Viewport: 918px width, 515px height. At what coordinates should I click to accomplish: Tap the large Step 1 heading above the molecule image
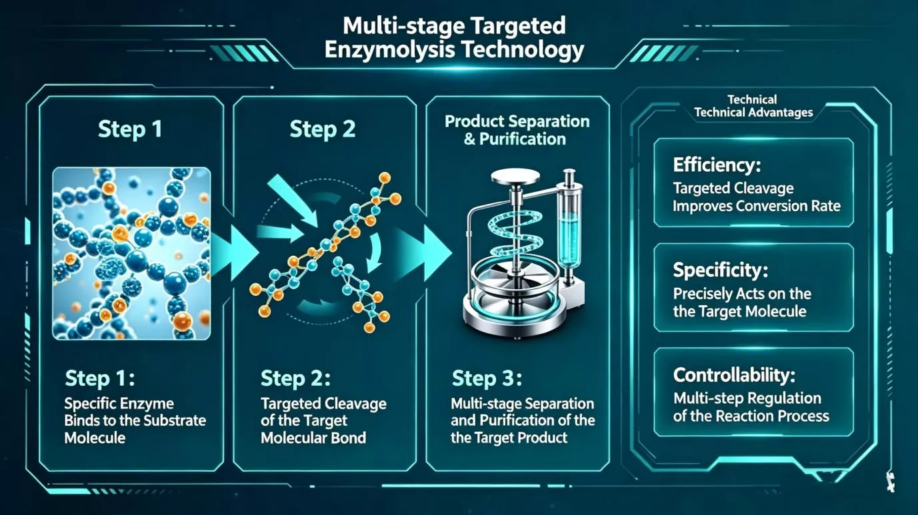130,129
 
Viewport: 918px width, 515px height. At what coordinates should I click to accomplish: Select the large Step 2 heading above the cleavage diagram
323,129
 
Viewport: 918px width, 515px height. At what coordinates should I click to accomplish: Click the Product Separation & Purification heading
517,130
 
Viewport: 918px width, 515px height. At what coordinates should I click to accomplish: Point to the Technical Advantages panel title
753,106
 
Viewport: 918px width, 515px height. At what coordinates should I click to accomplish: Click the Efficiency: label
717,165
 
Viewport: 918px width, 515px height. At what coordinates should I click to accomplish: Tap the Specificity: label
721,270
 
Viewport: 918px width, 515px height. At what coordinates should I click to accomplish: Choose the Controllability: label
734,375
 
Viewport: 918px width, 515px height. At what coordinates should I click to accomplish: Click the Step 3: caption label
487,378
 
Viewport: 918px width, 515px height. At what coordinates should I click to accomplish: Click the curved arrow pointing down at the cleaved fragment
374,254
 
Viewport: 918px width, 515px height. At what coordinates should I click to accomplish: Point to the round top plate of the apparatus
515,177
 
